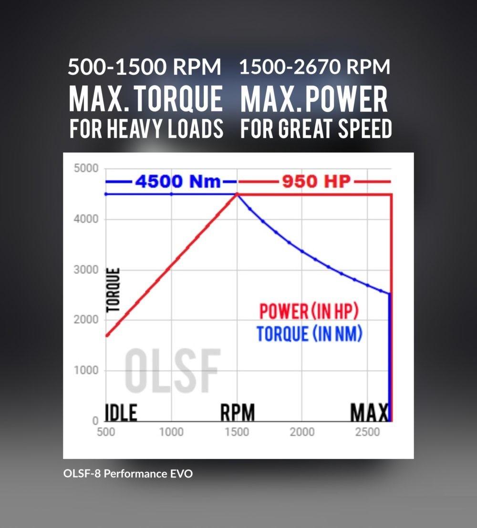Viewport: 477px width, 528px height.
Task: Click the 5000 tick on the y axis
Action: (86, 169)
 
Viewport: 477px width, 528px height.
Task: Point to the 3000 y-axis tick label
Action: (86, 270)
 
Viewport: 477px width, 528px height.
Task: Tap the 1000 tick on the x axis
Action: (171, 432)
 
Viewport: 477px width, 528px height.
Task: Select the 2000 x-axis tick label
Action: (302, 432)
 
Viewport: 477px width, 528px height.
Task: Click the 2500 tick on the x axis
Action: (368, 432)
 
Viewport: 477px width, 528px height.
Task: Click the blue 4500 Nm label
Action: (177, 182)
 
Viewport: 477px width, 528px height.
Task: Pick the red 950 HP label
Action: (317, 182)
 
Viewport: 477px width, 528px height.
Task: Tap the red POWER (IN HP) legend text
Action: (309, 312)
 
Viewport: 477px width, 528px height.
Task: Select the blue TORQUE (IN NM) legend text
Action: (309, 334)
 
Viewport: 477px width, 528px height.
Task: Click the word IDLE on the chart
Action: (121, 412)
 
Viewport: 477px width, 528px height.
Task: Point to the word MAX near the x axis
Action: (370, 412)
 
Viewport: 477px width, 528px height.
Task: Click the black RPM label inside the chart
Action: (237, 412)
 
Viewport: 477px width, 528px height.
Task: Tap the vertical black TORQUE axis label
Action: (114, 290)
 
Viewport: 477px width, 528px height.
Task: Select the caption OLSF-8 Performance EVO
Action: (128, 474)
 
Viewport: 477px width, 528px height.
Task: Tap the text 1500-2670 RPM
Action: (314, 67)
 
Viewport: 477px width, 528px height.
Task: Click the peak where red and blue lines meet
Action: (237, 194)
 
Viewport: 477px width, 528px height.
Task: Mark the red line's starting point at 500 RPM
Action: (107, 335)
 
